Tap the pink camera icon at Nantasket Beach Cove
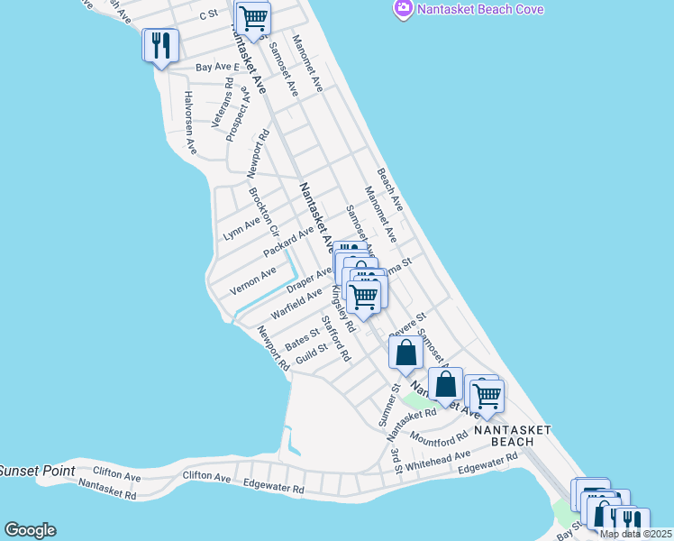[x=403, y=8]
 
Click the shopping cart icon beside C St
[x=253, y=18]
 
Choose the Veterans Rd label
[x=223, y=103]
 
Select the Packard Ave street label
[x=288, y=242]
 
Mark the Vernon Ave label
[x=253, y=280]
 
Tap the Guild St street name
[x=312, y=354]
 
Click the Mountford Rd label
[x=439, y=436]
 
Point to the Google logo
[x=30, y=530]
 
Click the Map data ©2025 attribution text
[x=635, y=534]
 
